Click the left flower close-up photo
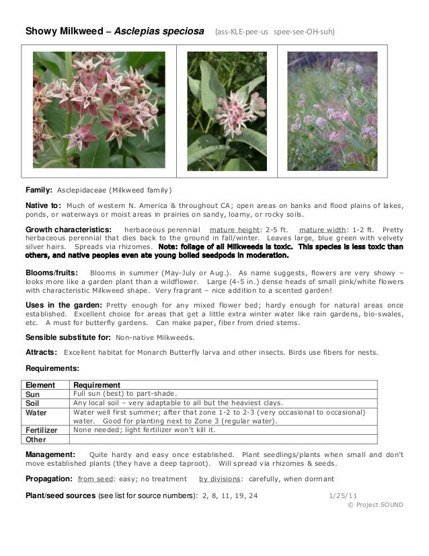pos(97,114)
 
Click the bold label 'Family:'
pos(39,191)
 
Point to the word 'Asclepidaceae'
pos(83,191)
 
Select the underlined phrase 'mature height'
pos(235,230)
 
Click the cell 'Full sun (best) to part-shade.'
pos(125,393)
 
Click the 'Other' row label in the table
pos(36,440)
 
